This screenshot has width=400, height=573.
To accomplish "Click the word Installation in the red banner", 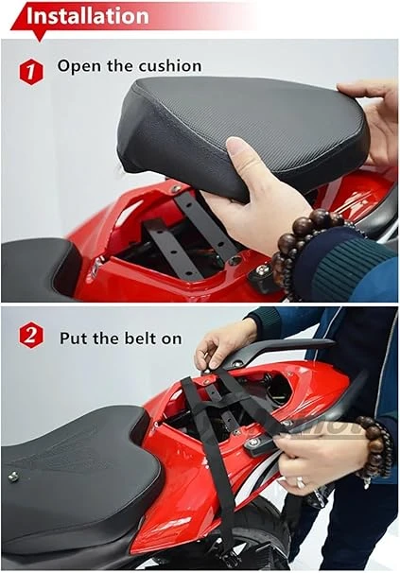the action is tap(88, 16).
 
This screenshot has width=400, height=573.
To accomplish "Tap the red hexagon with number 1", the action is tap(31, 72).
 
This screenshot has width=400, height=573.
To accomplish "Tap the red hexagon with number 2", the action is tap(31, 335).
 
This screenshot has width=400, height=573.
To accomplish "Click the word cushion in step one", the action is tap(170, 66).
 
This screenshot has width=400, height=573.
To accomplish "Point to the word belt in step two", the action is tap(139, 338).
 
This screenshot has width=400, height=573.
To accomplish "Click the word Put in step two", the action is tap(74, 339).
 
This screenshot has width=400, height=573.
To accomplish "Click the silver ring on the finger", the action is tap(301, 483).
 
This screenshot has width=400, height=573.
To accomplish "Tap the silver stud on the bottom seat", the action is tap(13, 477).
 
